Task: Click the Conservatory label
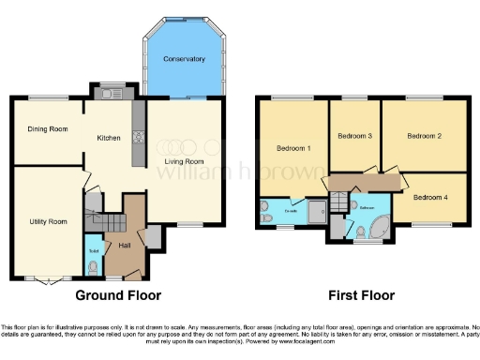(184, 59)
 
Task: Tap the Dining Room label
(47, 129)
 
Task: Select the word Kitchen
(109, 138)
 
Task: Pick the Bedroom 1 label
(293, 148)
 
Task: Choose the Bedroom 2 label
(424, 136)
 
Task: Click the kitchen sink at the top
(112, 92)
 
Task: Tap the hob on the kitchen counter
(139, 138)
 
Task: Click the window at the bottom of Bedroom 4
(431, 223)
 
